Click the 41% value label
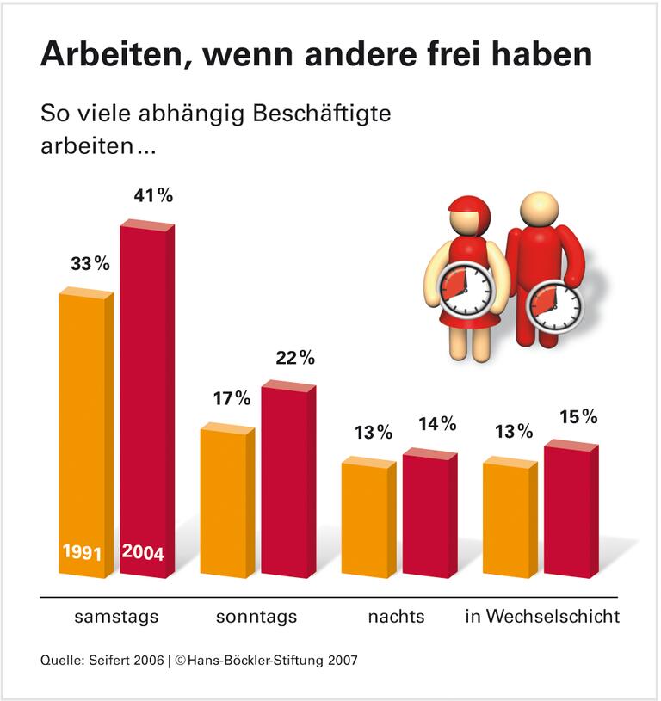pyautogui.click(x=153, y=195)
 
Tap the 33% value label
pyautogui.click(x=90, y=264)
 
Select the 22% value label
pyautogui.click(x=295, y=357)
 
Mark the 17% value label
pyautogui.click(x=231, y=398)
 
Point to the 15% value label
pyautogui.click(x=577, y=416)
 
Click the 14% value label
pyautogui.click(x=436, y=424)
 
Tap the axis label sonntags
pyautogui.click(x=256, y=617)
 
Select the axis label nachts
pyautogui.click(x=396, y=617)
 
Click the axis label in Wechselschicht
pyautogui.click(x=542, y=617)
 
